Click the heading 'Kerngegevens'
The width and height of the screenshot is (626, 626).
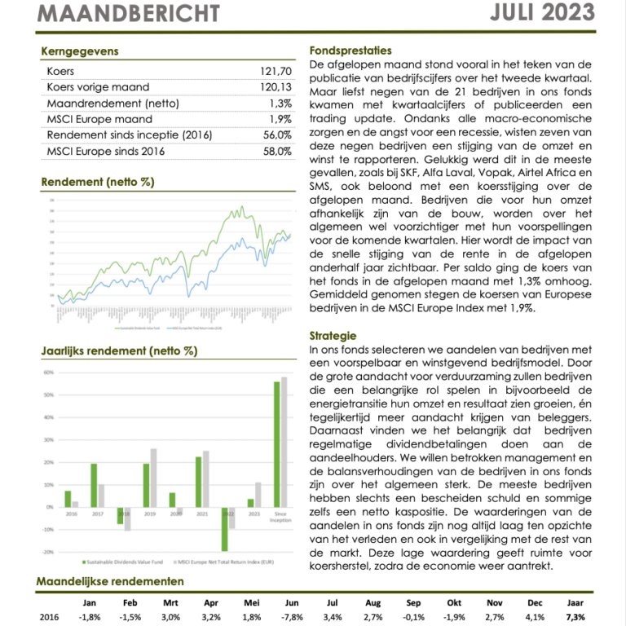[x=80, y=51]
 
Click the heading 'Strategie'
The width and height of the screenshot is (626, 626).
[x=333, y=335]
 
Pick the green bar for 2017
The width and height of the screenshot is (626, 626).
[x=94, y=485]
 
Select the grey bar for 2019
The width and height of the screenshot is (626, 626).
[x=153, y=478]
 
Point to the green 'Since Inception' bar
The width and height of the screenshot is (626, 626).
[x=276, y=444]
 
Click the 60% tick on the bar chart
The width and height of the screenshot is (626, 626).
[x=48, y=373]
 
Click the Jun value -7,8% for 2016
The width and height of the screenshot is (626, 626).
[x=292, y=617]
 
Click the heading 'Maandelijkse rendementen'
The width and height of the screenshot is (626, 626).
[x=110, y=581]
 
